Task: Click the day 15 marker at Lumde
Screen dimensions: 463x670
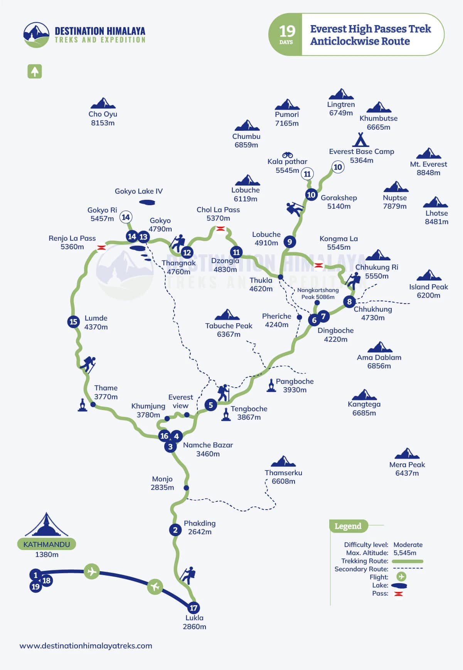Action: coord(73,321)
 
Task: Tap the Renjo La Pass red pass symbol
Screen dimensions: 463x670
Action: coord(101,247)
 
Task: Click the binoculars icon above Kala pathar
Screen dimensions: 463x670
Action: coord(288,155)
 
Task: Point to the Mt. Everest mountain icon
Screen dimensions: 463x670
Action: coord(428,153)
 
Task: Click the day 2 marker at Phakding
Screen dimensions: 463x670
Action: coord(175,530)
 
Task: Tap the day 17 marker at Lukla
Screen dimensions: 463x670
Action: coord(194,608)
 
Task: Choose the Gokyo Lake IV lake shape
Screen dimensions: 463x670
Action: coord(147,202)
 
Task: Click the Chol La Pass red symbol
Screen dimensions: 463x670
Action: coord(220,229)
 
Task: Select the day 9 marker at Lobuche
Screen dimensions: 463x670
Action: coord(290,242)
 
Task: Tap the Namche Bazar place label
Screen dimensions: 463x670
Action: coord(208,449)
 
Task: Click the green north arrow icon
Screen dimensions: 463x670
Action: coord(35,71)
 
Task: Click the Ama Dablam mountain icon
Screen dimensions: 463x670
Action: coord(380,347)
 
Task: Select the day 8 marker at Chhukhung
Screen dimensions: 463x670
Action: coord(349,302)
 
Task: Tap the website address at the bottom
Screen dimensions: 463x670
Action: coord(86,646)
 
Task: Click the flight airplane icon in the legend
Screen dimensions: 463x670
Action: coord(401,577)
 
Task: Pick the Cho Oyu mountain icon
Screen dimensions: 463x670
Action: coord(103,103)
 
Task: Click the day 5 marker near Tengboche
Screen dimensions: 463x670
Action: coord(210,405)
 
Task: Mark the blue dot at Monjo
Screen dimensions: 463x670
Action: coord(186,488)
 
